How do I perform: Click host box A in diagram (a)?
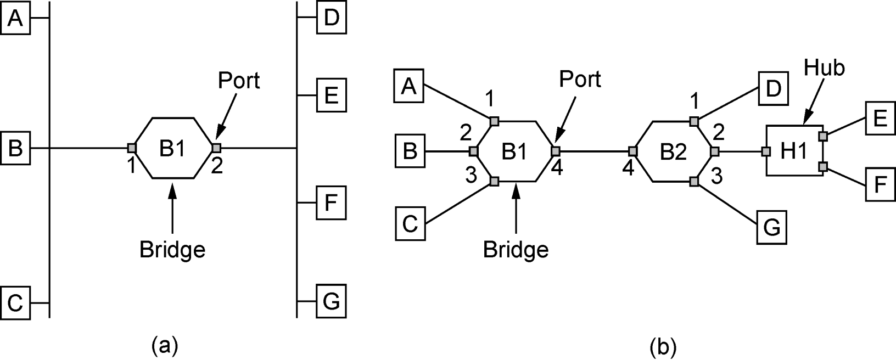point(15,18)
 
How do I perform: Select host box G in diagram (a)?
point(331,301)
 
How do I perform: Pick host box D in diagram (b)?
point(773,88)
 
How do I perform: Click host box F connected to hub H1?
point(881,184)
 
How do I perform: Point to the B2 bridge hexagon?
point(674,151)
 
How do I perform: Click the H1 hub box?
point(794,151)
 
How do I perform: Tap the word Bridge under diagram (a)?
point(172,250)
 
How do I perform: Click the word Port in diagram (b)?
point(580,79)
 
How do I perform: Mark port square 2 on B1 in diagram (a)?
point(216,148)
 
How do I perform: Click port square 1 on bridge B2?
point(695,121)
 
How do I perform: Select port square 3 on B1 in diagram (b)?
point(495,182)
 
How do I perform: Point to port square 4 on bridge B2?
point(633,151)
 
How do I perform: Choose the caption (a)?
point(164,346)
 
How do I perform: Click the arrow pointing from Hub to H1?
point(814,101)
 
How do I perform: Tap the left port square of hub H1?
point(766,151)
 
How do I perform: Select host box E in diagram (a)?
point(331,95)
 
